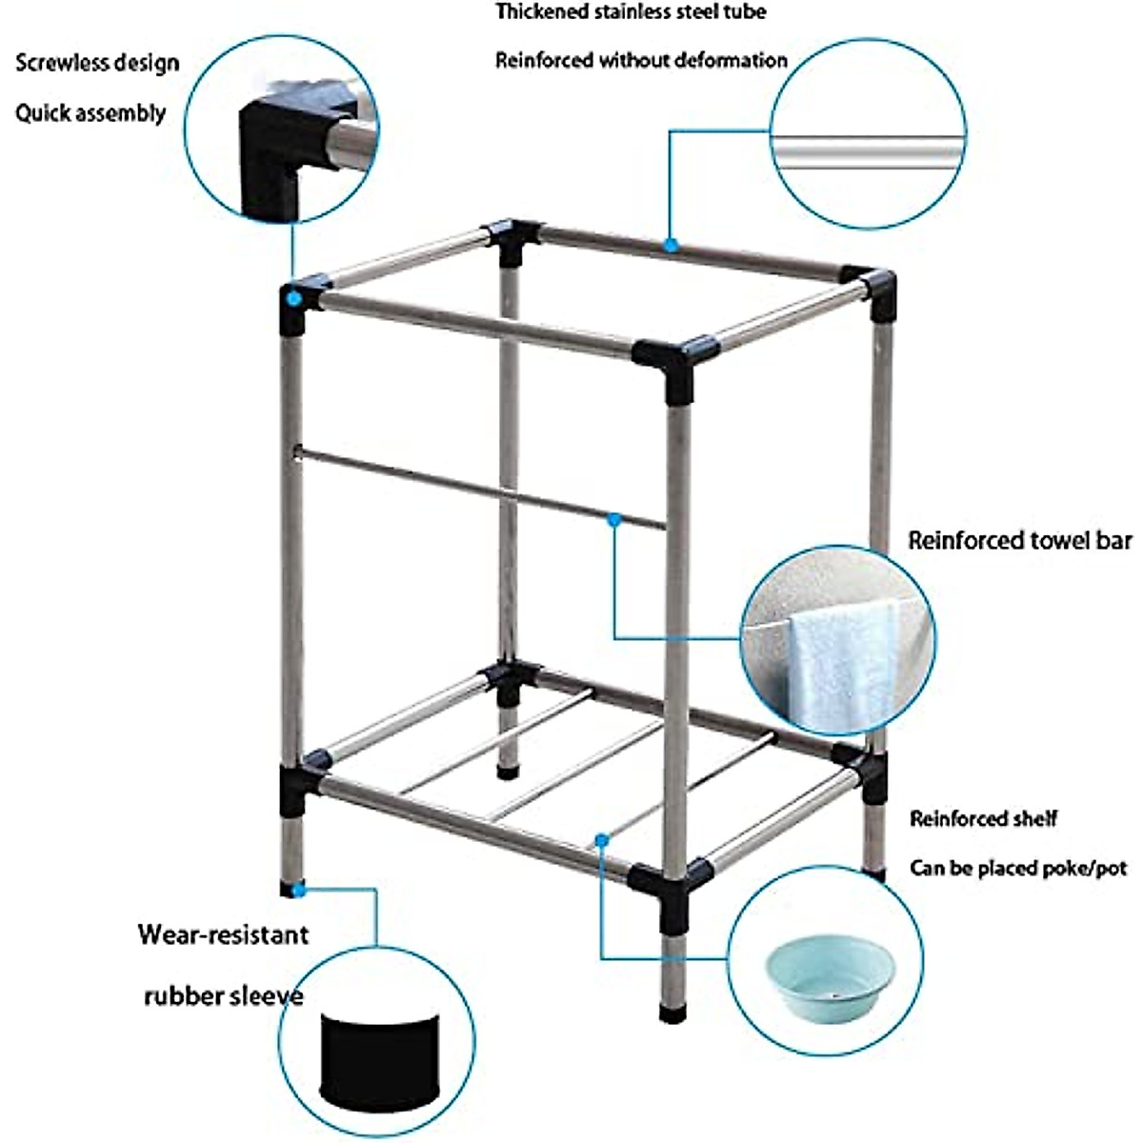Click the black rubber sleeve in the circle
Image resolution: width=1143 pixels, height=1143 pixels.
click(x=379, y=1057)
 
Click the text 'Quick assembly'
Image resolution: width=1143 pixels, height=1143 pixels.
click(x=90, y=113)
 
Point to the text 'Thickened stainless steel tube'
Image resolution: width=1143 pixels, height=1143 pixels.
click(x=631, y=12)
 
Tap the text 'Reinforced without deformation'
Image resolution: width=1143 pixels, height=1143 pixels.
click(x=641, y=61)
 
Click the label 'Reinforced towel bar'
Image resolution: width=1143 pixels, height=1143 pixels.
click(x=1019, y=541)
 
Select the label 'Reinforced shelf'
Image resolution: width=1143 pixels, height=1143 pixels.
click(x=983, y=818)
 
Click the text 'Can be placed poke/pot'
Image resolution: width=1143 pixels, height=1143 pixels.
click(x=1018, y=869)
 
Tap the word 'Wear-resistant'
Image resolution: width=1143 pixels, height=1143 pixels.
click(x=224, y=933)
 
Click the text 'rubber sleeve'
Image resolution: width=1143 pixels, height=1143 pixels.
click(x=224, y=996)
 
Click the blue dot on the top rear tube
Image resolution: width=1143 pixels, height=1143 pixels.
click(x=672, y=245)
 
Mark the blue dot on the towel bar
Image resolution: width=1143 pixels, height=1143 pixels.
click(x=615, y=520)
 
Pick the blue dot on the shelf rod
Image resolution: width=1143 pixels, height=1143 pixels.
click(x=601, y=839)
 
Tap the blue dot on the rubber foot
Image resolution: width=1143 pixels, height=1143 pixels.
click(x=298, y=891)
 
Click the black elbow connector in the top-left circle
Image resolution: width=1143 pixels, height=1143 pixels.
click(x=271, y=157)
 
